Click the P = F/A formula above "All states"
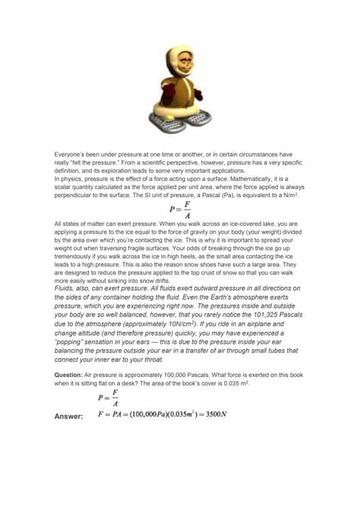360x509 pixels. click(x=180, y=210)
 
